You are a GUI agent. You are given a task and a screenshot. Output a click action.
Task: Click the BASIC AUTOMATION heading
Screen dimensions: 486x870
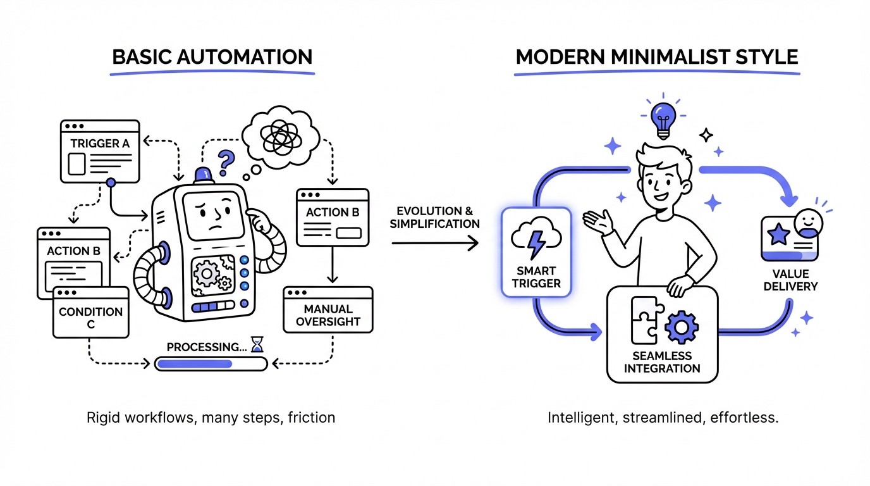click(x=212, y=57)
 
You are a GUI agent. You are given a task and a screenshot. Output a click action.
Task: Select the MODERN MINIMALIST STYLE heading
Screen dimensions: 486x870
click(x=656, y=57)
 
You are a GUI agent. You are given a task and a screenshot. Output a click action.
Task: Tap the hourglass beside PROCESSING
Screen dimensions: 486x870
click(x=256, y=344)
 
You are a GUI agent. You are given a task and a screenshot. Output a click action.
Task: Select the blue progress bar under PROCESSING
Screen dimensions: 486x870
click(x=194, y=364)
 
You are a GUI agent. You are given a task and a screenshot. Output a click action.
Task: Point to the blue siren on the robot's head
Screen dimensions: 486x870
click(x=204, y=175)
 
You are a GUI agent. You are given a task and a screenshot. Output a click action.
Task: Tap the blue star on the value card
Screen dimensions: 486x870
click(x=778, y=235)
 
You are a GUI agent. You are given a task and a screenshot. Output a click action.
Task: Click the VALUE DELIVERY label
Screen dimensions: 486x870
click(x=790, y=280)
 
